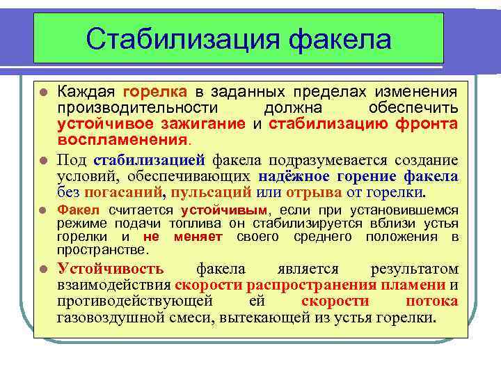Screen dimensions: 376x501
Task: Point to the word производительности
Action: click(138, 108)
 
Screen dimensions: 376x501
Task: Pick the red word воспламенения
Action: click(122, 139)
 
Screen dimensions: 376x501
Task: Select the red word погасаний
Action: click(122, 192)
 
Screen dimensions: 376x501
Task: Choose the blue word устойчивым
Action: click(223, 210)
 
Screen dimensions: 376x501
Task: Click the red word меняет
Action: click(198, 237)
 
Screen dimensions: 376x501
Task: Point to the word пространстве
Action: click(102, 249)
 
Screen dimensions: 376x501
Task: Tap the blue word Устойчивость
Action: click(111, 269)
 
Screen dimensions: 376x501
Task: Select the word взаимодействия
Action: click(114, 285)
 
